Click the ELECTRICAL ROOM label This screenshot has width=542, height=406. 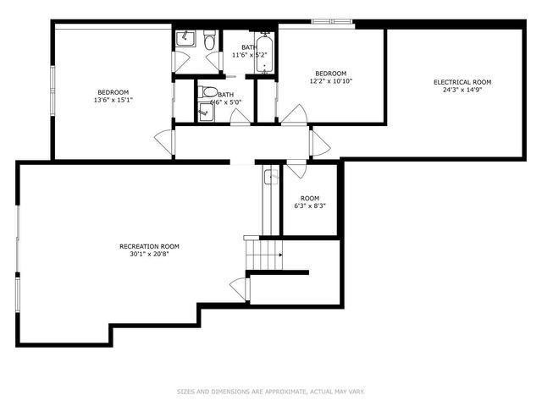coord(462,82)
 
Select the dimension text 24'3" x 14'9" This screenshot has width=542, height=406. coord(462,91)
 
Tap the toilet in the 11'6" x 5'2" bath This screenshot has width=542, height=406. coord(208,39)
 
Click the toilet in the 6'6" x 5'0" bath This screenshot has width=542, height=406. coord(208,92)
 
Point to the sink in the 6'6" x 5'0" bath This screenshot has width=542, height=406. coord(204,108)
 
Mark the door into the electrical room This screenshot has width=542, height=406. coord(320,142)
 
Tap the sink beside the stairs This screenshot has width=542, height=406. coord(271,177)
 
